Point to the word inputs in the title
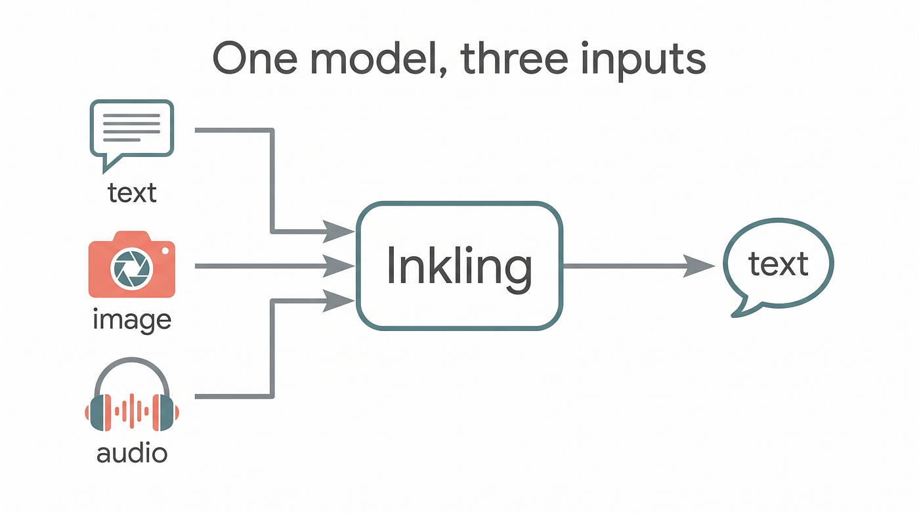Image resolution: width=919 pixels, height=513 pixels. coord(643,60)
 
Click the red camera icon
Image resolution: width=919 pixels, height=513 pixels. coord(132,264)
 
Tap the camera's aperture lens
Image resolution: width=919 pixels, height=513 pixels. coord(131,269)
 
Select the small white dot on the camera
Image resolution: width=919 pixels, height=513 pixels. coord(165,251)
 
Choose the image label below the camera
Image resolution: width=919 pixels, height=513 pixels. coord(132,320)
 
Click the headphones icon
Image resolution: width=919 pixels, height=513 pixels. coord(132,394)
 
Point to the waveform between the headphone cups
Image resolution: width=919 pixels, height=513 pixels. coord(132,411)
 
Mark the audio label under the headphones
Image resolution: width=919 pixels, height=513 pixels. coord(132,453)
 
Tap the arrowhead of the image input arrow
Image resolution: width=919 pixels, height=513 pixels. coord(339,266)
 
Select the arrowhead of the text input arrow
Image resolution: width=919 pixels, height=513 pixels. coord(339,231)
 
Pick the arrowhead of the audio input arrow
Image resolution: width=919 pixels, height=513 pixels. coord(339,301)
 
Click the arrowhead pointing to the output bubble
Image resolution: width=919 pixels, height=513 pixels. coord(699,266)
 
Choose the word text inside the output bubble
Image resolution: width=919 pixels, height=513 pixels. coord(779,264)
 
